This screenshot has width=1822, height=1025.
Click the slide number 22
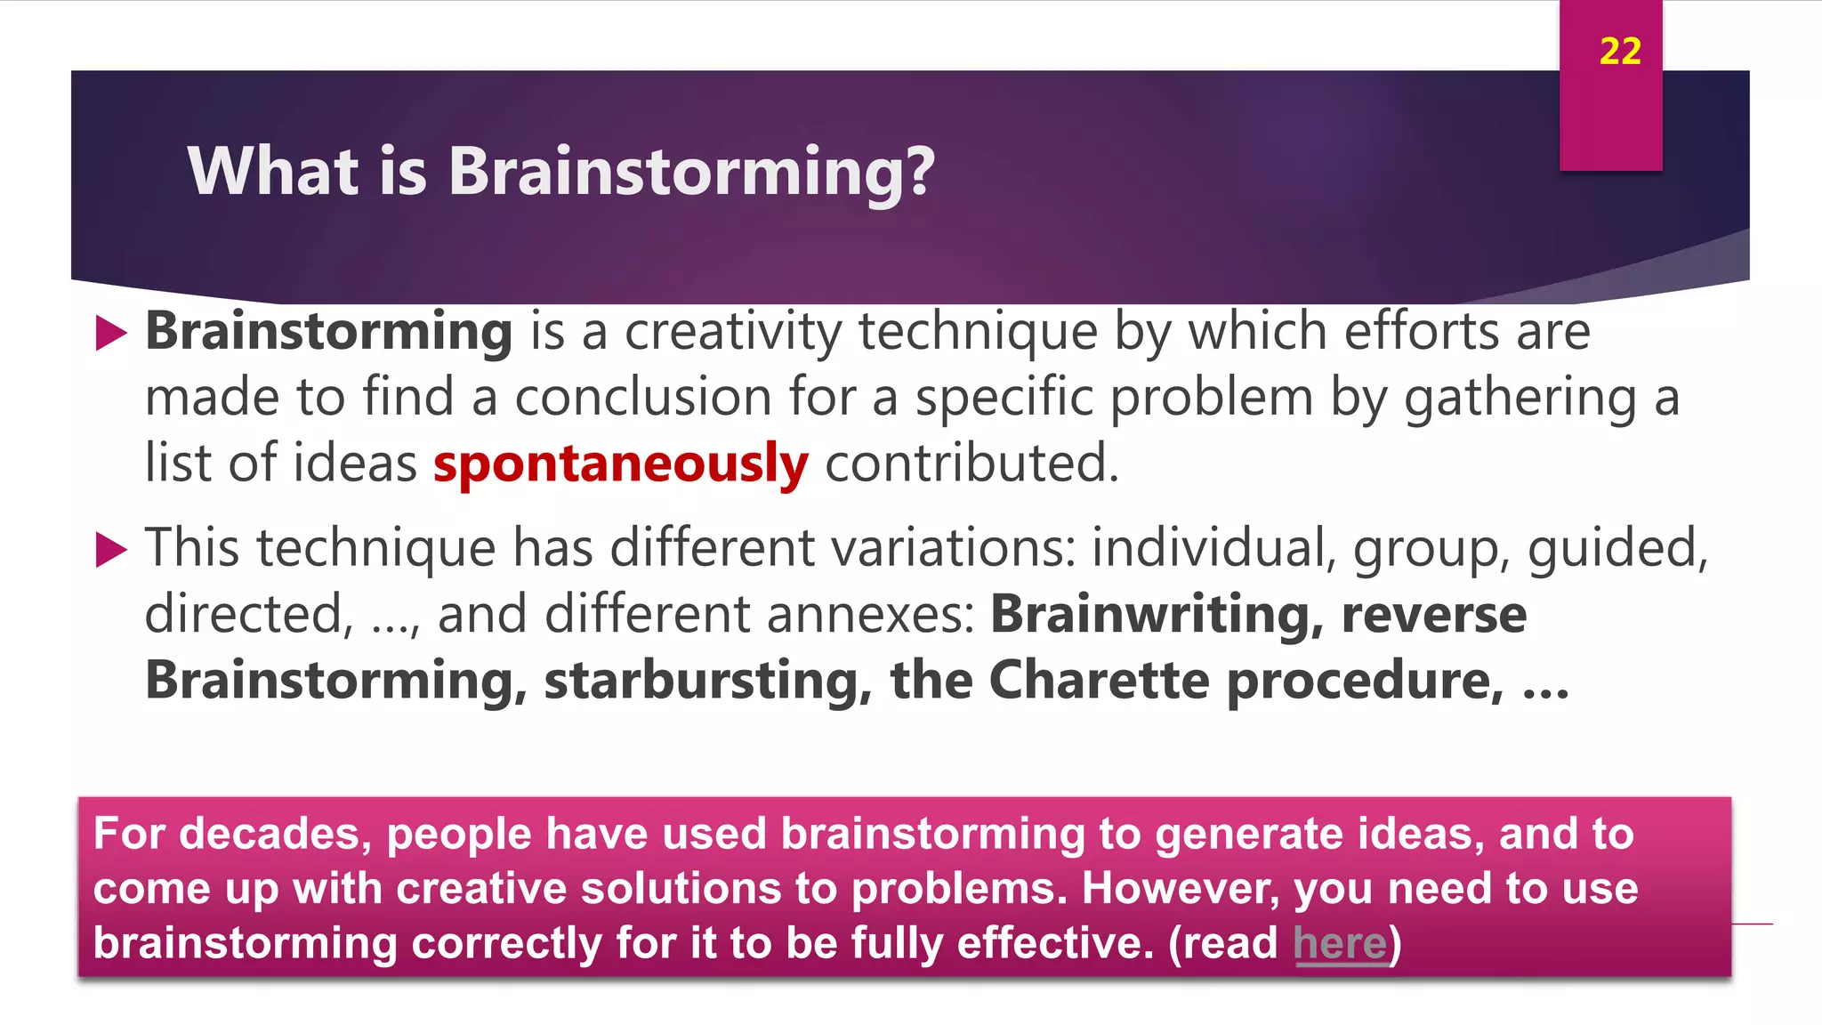click(x=1620, y=52)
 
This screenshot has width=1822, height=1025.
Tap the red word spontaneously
click(x=621, y=464)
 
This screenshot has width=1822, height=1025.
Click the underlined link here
click(x=1340, y=943)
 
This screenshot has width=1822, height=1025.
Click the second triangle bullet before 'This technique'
click(x=110, y=549)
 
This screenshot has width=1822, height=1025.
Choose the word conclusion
click(x=643, y=398)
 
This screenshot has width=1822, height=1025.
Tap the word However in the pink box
click(x=1181, y=889)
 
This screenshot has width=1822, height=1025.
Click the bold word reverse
click(x=1434, y=615)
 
